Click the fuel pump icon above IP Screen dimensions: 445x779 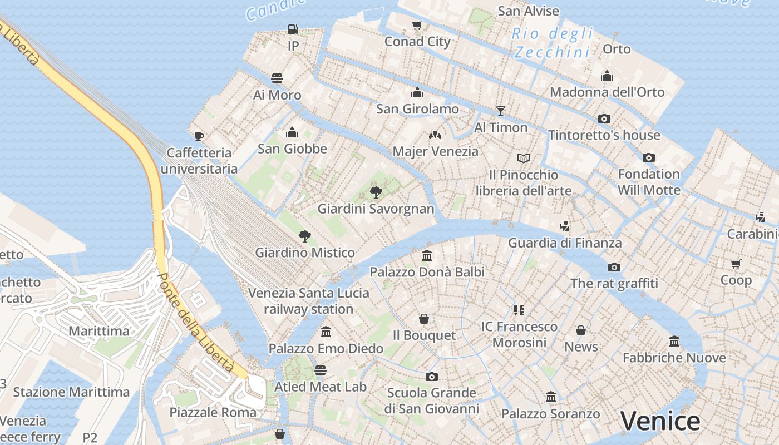coord(293,29)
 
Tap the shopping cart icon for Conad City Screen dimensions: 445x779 coord(417,25)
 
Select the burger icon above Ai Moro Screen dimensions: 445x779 coord(277,78)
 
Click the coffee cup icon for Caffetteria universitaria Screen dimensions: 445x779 coord(199,136)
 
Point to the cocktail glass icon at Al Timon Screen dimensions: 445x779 coord(500,111)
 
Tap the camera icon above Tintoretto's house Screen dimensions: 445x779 coord(604,118)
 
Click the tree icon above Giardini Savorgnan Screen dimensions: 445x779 coord(376,193)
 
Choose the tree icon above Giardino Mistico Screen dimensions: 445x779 coord(304,236)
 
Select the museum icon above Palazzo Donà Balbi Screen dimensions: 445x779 coord(427,256)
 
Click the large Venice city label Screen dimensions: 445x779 coord(660,421)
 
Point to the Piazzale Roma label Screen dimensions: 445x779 coord(213,412)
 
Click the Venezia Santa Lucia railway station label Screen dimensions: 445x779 coord(308,301)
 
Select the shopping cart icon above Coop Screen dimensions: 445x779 coord(736,264)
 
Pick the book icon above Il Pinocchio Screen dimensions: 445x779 coord(523,159)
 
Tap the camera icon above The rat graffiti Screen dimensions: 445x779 coord(614,267)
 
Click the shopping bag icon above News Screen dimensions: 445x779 coord(581,330)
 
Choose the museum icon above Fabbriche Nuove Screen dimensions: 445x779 coord(674,341)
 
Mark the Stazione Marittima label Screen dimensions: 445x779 coord(71,392)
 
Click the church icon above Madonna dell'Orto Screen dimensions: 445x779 coord(607,76)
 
